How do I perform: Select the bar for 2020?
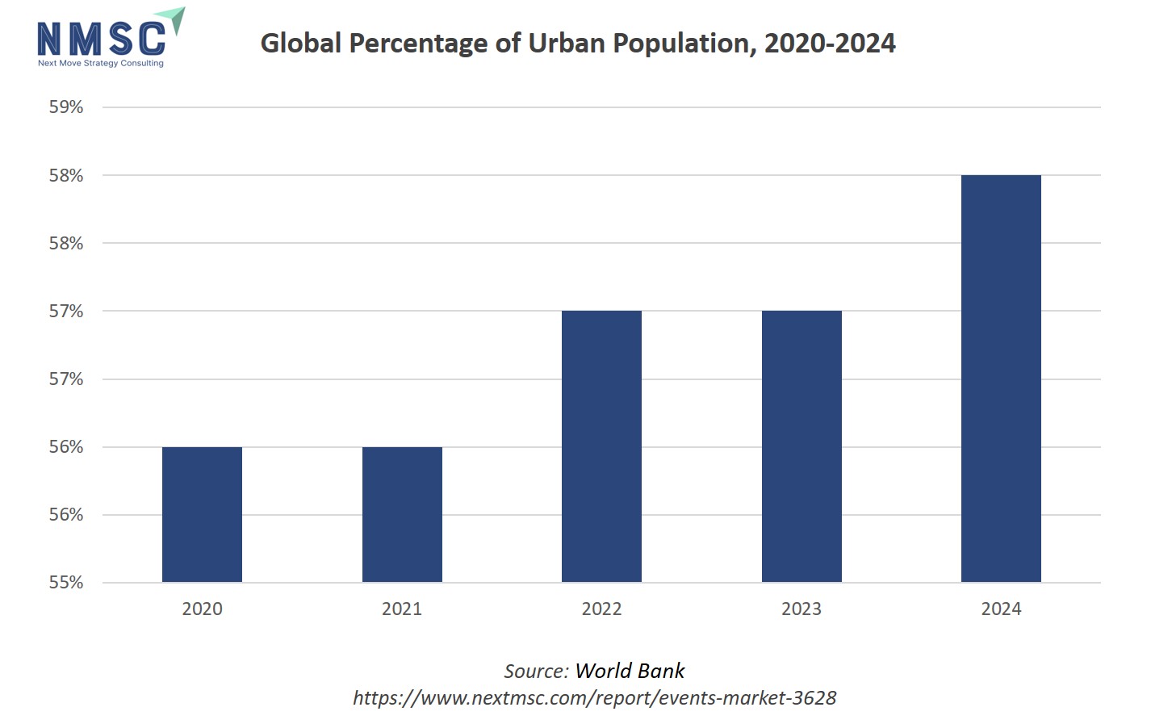coord(202,514)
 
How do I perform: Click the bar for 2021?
coord(402,514)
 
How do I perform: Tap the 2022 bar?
coord(601,446)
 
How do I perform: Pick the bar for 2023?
coord(802,446)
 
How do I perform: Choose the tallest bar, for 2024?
coord(1001,379)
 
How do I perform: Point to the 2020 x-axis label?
coord(202,609)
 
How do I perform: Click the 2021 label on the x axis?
coord(402,609)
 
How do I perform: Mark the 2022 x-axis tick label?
coord(601,609)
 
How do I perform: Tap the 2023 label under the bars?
coord(802,609)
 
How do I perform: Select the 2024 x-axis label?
coord(1001,609)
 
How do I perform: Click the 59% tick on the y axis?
coord(66,107)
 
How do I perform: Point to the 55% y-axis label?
coord(66,583)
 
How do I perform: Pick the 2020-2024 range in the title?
coord(830,43)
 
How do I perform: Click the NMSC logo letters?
coord(101,38)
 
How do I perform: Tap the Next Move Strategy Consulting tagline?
coord(101,63)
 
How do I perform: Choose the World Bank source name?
coord(630,671)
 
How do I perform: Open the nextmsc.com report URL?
coord(595,697)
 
